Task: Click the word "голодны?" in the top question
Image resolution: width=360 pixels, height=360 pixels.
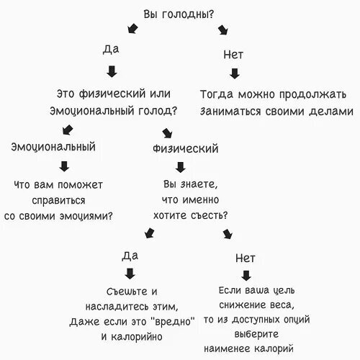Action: click(x=188, y=14)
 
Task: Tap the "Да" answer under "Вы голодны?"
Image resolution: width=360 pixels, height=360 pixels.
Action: click(x=111, y=49)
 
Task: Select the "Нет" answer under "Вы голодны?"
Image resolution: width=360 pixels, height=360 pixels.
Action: click(x=233, y=55)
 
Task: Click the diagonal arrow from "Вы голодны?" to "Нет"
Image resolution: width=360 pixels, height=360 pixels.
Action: click(x=223, y=30)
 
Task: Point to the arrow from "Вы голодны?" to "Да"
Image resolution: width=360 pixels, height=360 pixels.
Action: click(x=132, y=29)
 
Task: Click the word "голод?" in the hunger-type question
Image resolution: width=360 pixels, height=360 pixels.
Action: click(x=158, y=111)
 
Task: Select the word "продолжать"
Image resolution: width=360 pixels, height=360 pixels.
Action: click(x=312, y=94)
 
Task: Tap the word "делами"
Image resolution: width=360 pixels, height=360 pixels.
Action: click(x=331, y=112)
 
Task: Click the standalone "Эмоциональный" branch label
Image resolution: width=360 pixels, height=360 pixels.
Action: click(x=53, y=147)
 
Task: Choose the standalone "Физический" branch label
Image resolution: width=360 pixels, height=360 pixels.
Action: click(x=186, y=148)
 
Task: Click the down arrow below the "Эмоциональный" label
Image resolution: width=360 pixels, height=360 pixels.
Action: click(x=64, y=166)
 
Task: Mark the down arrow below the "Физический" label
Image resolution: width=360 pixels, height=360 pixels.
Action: click(x=181, y=167)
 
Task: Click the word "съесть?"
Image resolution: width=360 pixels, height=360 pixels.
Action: click(x=209, y=215)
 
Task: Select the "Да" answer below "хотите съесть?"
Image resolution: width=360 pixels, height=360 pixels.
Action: click(x=130, y=256)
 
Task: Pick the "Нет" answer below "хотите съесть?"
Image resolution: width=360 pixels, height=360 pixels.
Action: click(x=246, y=258)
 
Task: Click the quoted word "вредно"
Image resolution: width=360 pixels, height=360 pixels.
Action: click(x=174, y=321)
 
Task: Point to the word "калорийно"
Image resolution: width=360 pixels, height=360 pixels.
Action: click(x=137, y=337)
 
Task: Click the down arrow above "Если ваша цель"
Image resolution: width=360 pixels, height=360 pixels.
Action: click(x=246, y=276)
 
